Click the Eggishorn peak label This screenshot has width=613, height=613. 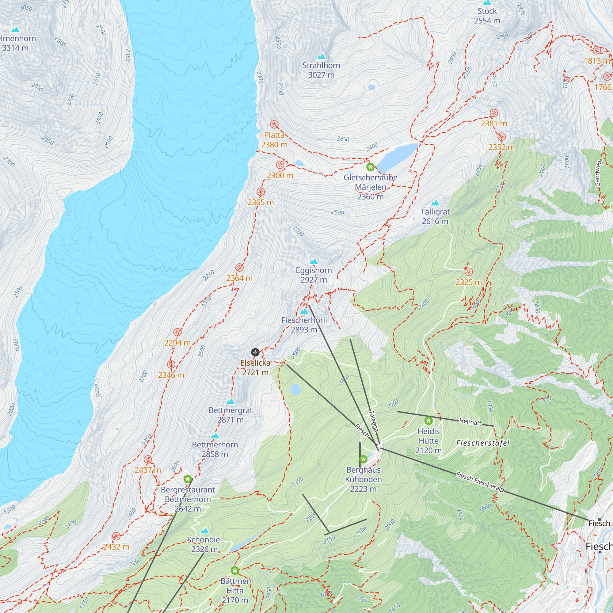[314, 275]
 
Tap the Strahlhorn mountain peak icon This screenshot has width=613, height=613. [322, 57]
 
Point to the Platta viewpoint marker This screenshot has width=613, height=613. [274, 124]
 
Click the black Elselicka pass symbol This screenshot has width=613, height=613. [255, 352]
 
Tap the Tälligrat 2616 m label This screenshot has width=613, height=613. [435, 216]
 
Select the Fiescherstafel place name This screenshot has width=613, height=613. [483, 443]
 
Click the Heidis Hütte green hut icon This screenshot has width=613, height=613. [428, 421]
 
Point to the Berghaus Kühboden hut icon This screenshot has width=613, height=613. [363, 459]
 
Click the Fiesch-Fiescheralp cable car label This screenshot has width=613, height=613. [480, 482]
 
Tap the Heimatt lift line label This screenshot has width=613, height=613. [470, 422]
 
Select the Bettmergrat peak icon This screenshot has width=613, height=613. [231, 402]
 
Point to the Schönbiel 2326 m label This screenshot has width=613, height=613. [204, 544]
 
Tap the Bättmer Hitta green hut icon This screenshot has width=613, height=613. [235, 570]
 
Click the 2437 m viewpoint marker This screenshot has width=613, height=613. [148, 459]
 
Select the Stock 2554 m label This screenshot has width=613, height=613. [487, 16]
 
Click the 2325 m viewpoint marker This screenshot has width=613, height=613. [469, 271]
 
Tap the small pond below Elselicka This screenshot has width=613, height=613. [295, 389]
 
